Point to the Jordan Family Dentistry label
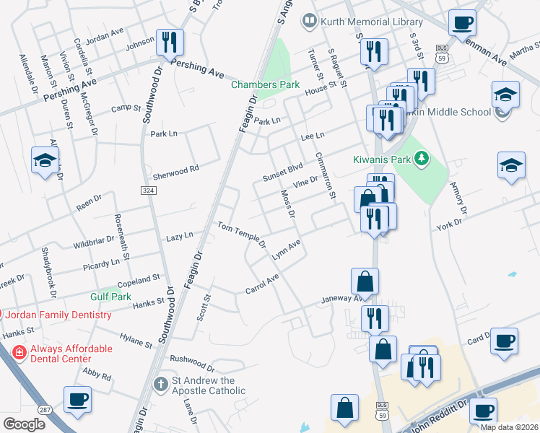(x=60, y=315)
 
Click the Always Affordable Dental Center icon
(x=19, y=352)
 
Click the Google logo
(x=24, y=424)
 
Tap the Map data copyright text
(x=508, y=427)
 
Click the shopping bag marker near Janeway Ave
(x=365, y=282)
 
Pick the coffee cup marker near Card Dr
(x=504, y=341)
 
